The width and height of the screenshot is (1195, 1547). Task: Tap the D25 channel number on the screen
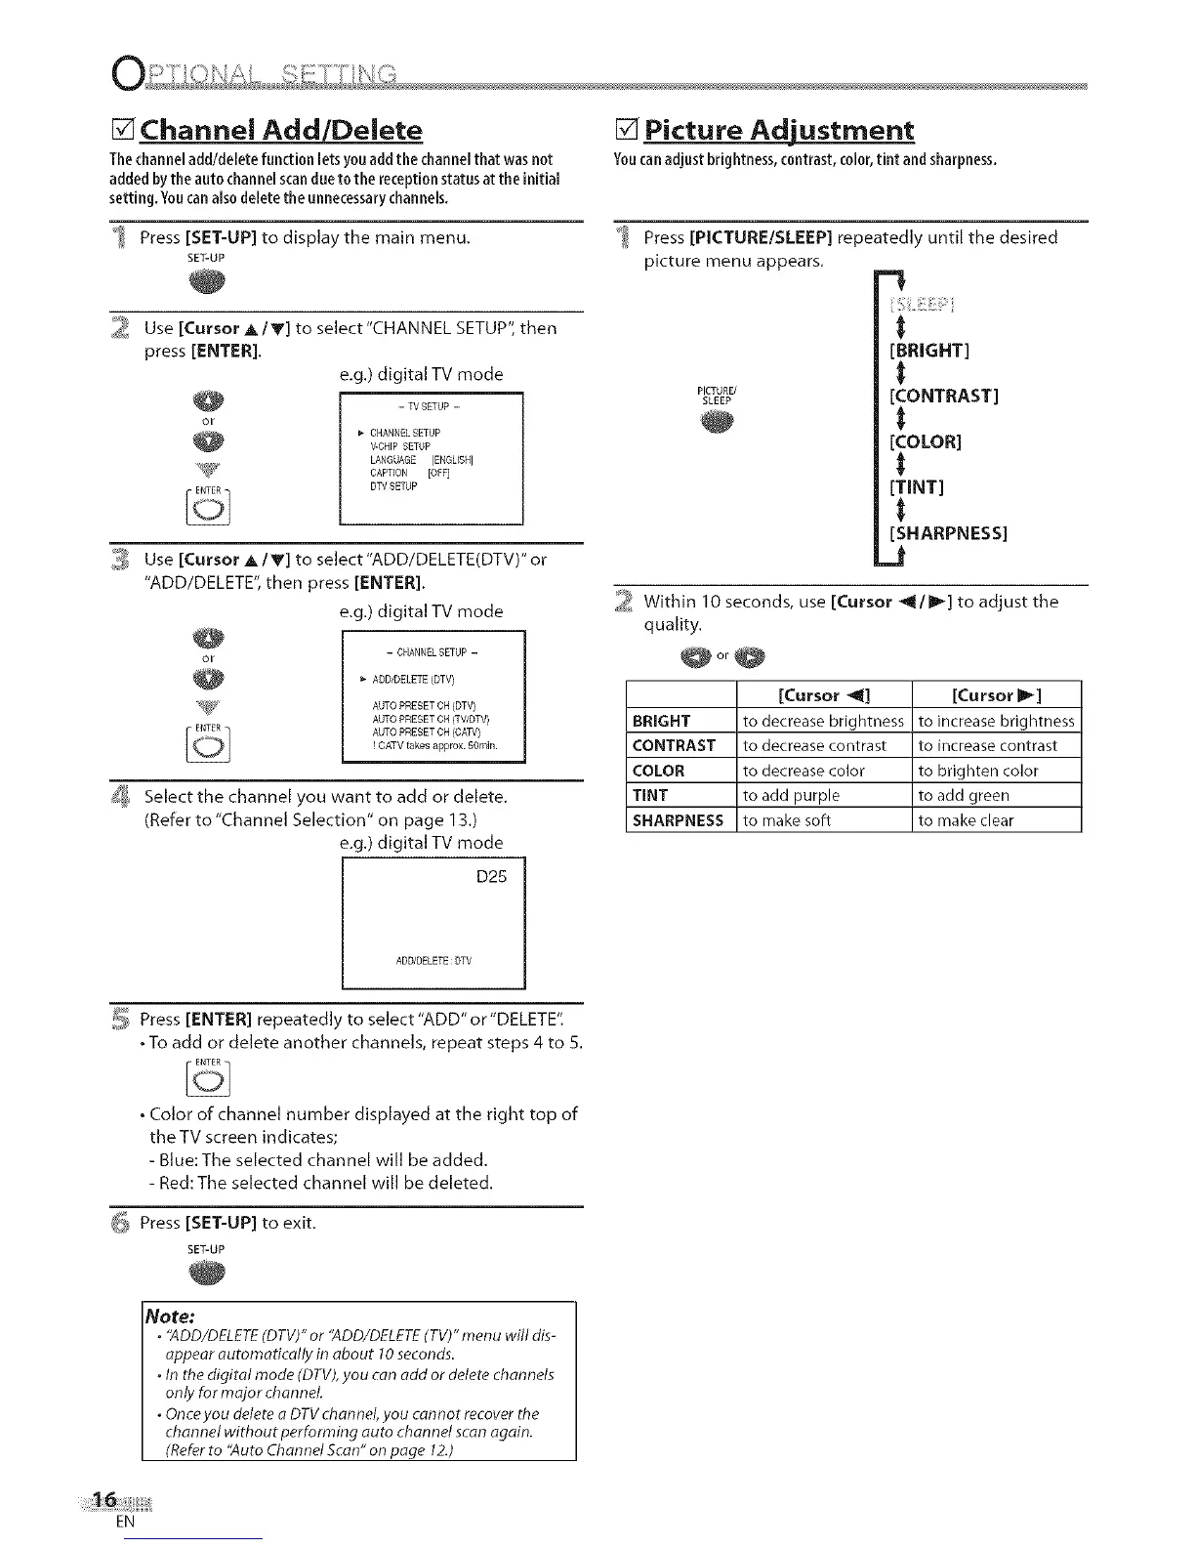tap(491, 877)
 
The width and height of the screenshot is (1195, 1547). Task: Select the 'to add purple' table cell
tap(791, 795)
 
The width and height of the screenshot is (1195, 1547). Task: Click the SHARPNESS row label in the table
tap(678, 820)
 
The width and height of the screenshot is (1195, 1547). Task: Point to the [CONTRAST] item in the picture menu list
tap(943, 396)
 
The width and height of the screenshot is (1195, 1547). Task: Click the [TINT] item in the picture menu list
tap(916, 486)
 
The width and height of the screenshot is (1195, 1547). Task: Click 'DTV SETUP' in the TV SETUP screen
tap(393, 486)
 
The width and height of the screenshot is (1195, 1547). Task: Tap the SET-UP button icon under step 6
tap(207, 1273)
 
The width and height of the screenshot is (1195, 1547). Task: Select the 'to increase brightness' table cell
tap(996, 721)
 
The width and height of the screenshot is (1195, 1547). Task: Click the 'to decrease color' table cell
tap(804, 771)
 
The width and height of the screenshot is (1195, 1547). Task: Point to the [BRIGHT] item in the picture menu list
tap(928, 350)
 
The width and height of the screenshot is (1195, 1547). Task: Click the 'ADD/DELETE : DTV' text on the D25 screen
tap(433, 960)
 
